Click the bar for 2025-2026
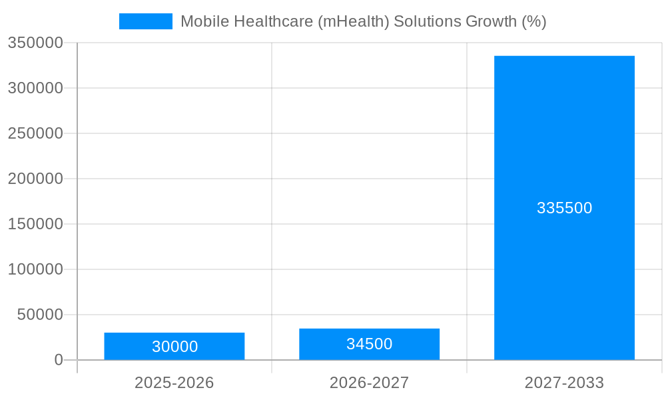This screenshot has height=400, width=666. point(174,337)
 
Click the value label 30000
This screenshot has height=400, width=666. point(174,347)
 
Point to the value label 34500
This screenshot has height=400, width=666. point(369,344)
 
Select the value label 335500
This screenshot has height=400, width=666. point(564,208)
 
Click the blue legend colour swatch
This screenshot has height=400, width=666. point(145,21)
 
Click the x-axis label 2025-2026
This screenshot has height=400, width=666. point(174,383)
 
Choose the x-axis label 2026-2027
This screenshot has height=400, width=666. point(369,383)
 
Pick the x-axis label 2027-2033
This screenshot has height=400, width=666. point(564,383)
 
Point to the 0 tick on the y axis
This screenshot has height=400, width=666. point(59,360)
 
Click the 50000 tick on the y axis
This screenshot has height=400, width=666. point(40,315)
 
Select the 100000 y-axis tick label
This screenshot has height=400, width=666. point(36,269)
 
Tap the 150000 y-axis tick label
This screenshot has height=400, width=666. point(36,224)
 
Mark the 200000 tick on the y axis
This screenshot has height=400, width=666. point(36,179)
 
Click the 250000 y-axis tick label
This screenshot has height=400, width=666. point(36,133)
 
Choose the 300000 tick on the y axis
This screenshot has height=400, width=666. point(36,88)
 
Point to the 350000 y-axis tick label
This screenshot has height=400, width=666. point(36,43)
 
